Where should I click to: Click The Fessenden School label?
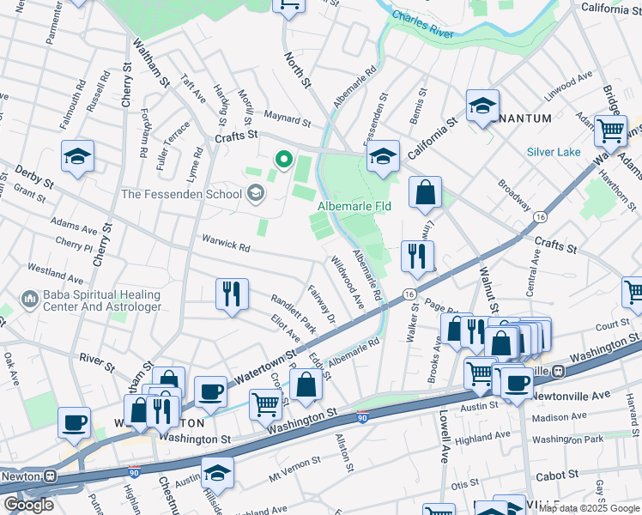point(181,194)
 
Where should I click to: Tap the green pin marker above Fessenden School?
point(282,160)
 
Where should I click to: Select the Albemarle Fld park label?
point(354,207)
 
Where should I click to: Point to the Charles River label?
point(421,23)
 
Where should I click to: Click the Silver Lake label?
point(554,152)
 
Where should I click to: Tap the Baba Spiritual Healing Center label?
point(90,300)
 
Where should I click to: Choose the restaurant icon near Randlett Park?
point(232,294)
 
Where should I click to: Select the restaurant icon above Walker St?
point(418,255)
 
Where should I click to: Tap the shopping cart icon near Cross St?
point(266,403)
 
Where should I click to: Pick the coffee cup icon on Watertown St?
point(210,391)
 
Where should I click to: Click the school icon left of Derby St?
point(77,156)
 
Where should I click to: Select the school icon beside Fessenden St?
point(383,156)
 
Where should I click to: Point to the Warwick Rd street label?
point(225,246)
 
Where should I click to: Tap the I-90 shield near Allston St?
point(363,416)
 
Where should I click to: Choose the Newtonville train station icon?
point(558,371)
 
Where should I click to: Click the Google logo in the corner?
point(28,505)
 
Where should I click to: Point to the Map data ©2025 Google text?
point(588,508)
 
